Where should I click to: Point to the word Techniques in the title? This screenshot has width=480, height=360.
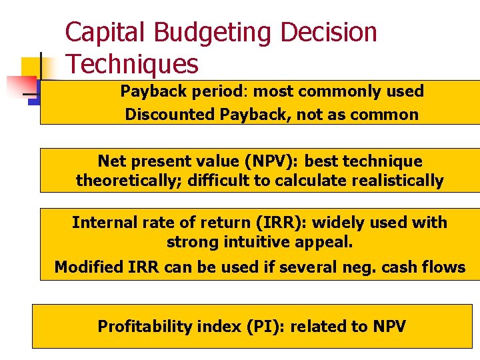(x=132, y=65)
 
